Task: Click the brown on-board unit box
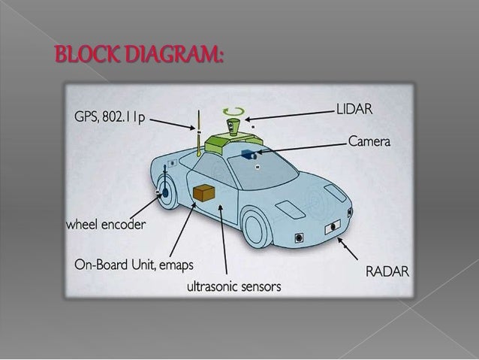(203, 193)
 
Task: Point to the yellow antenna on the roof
(200, 135)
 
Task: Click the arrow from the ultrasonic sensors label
(223, 241)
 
